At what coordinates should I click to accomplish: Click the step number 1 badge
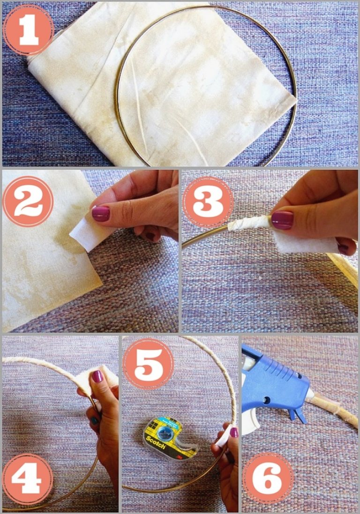[x=29, y=30]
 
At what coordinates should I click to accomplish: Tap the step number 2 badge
[x=28, y=201]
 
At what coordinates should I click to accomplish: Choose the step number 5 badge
[x=148, y=364]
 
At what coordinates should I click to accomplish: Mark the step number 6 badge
[x=268, y=478]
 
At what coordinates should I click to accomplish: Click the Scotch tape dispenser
[x=170, y=438]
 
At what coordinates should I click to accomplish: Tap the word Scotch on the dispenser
[x=156, y=442]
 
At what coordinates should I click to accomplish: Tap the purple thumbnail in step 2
[x=101, y=213]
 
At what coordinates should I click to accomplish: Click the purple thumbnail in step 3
[x=282, y=220]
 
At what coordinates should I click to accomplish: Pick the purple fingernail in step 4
[x=97, y=376]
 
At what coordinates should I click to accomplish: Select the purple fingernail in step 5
[x=234, y=432]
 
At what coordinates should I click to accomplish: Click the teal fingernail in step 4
[x=94, y=421]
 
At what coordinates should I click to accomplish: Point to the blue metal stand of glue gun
[x=297, y=415]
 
